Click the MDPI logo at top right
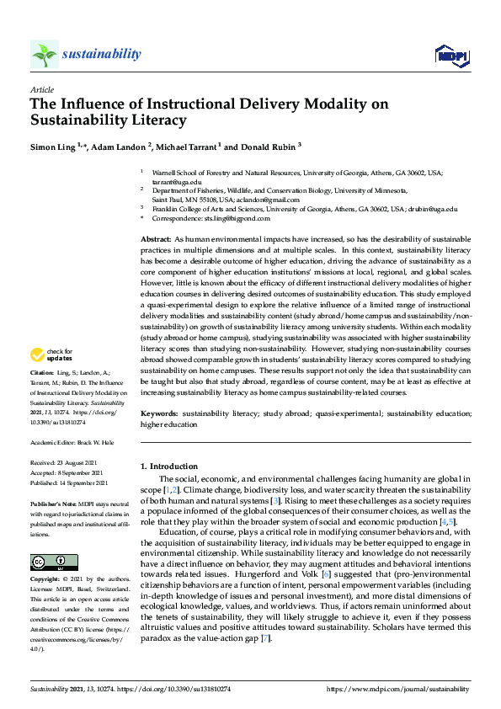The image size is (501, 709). [x=451, y=56]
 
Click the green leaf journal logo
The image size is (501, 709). [x=45, y=55]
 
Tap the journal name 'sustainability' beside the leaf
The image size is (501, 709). [x=101, y=54]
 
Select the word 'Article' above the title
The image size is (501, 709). [x=42, y=88]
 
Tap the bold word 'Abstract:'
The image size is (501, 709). [x=156, y=240]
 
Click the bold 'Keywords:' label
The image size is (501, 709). [x=159, y=414]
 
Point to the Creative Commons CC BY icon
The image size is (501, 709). [x=54, y=562]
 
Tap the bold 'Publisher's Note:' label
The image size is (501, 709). [x=54, y=502]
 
